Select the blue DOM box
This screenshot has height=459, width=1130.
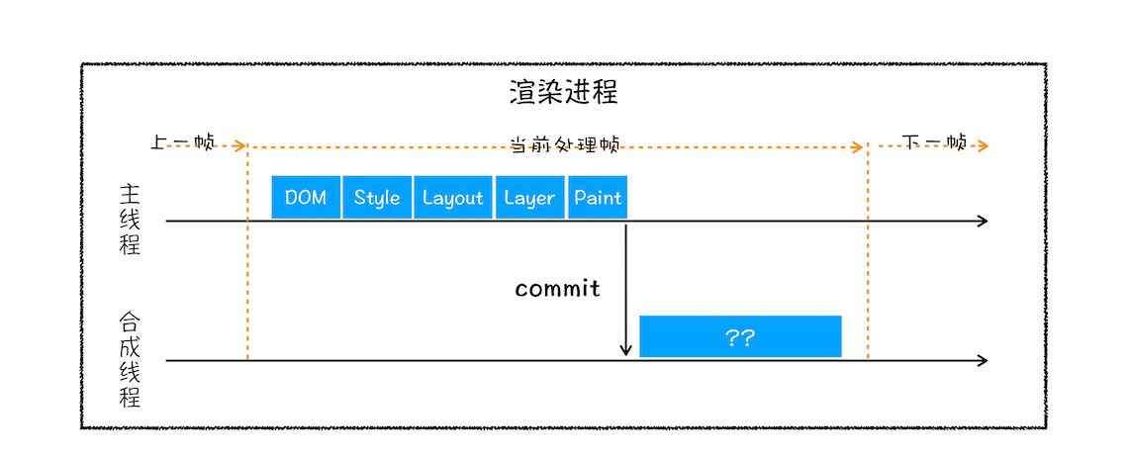click(x=306, y=198)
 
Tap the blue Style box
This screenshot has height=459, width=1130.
click(x=377, y=198)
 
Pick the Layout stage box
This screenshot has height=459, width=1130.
click(x=452, y=198)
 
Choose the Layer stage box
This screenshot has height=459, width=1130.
click(x=529, y=198)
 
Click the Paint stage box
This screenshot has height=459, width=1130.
click(x=598, y=198)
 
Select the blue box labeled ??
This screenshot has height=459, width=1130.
click(x=740, y=337)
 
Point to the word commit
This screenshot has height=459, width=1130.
click(x=557, y=289)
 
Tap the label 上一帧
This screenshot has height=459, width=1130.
click(x=182, y=142)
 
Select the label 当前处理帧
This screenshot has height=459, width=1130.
click(x=564, y=145)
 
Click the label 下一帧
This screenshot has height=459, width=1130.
click(x=935, y=142)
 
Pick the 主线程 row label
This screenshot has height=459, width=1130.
click(x=130, y=220)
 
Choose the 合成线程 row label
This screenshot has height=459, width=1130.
click(x=130, y=360)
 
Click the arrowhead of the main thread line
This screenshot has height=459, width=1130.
click(x=983, y=221)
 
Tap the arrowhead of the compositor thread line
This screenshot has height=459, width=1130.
click(x=983, y=361)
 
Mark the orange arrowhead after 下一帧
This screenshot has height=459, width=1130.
click(x=984, y=146)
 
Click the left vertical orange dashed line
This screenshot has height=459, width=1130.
click(x=247, y=257)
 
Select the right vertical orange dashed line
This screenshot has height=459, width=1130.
click(x=868, y=257)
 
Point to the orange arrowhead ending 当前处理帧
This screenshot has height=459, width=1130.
click(x=859, y=146)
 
